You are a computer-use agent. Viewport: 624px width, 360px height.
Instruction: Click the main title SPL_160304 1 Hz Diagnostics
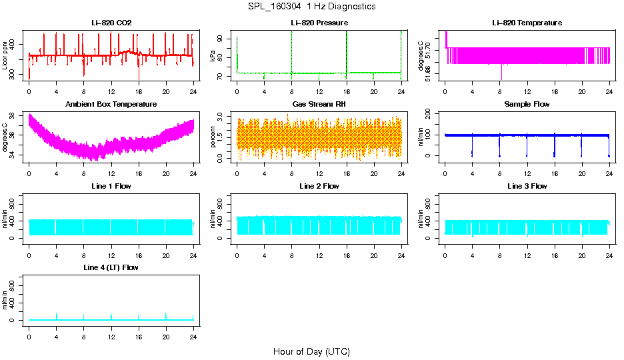[311, 7]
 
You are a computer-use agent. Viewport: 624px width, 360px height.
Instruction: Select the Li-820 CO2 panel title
[111, 23]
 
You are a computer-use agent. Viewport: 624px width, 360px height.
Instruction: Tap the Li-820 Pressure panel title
[319, 23]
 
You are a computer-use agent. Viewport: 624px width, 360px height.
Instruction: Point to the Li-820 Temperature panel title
[527, 23]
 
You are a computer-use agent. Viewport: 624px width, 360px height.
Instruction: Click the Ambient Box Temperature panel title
[111, 104]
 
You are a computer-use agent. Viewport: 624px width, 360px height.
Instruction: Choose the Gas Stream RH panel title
[319, 104]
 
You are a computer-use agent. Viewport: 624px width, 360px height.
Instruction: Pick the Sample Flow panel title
[527, 104]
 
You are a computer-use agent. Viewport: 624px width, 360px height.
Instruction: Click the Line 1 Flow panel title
[111, 186]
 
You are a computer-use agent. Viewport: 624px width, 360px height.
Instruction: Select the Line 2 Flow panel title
[319, 186]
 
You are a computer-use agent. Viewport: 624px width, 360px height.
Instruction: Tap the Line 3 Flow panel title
[527, 186]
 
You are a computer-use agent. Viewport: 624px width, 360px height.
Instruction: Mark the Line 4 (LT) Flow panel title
[111, 267]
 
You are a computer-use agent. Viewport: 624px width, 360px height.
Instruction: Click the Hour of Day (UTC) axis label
[311, 351]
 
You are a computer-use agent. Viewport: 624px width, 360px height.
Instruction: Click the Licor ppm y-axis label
[5, 56]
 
